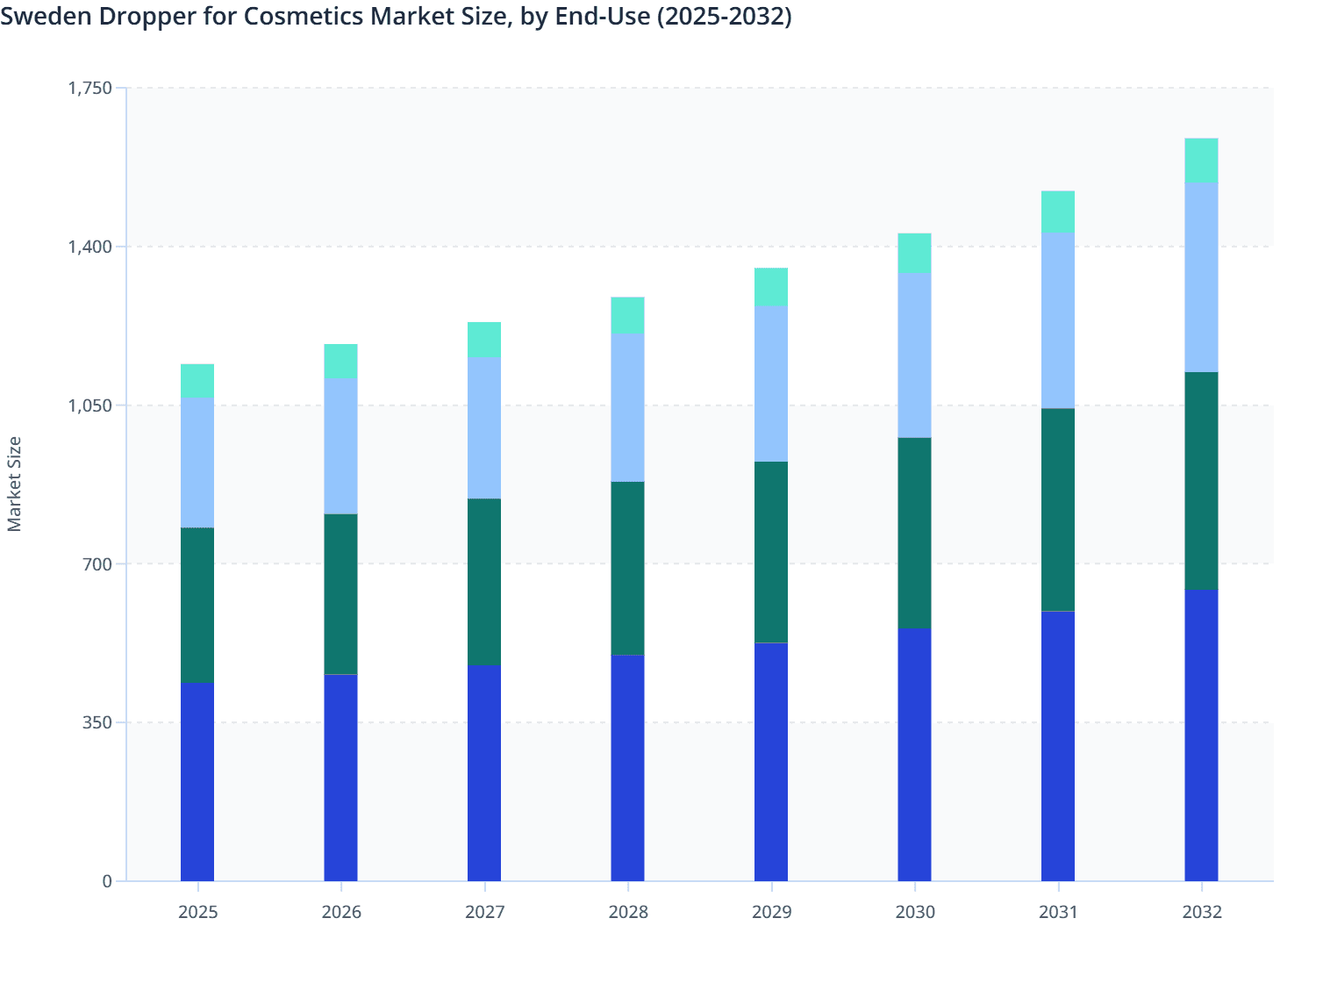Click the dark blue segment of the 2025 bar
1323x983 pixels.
pyautogui.click(x=197, y=781)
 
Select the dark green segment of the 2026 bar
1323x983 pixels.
pyautogui.click(x=340, y=594)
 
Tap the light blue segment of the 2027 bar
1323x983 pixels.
pyautogui.click(x=484, y=427)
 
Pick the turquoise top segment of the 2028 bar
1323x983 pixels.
pyautogui.click(x=627, y=315)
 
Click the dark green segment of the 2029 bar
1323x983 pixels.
pyautogui.click(x=771, y=552)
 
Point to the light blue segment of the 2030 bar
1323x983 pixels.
pyautogui.click(x=914, y=355)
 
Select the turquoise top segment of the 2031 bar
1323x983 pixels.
pyautogui.click(x=1058, y=212)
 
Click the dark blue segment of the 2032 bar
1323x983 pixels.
pyautogui.click(x=1201, y=735)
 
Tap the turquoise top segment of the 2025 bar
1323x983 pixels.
pyautogui.click(x=197, y=381)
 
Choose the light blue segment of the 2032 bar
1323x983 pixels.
pyautogui.click(x=1201, y=277)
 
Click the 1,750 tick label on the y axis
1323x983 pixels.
pyautogui.click(x=90, y=88)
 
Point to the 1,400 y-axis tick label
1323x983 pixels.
pyautogui.click(x=90, y=247)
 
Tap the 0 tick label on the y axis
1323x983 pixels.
pyautogui.click(x=107, y=881)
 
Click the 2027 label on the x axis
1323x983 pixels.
pyautogui.click(x=484, y=912)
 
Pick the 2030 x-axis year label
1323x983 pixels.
pyautogui.click(x=914, y=912)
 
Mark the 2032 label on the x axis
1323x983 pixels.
pyautogui.click(x=1201, y=912)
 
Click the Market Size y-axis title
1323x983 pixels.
pyautogui.click(x=15, y=484)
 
